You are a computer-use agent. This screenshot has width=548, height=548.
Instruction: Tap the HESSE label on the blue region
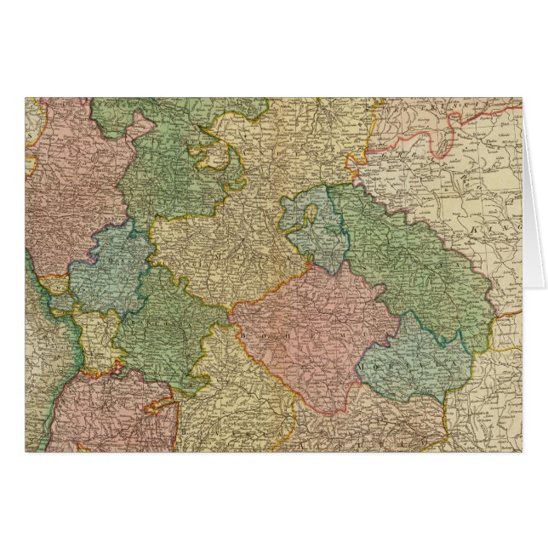tap(106, 255)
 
